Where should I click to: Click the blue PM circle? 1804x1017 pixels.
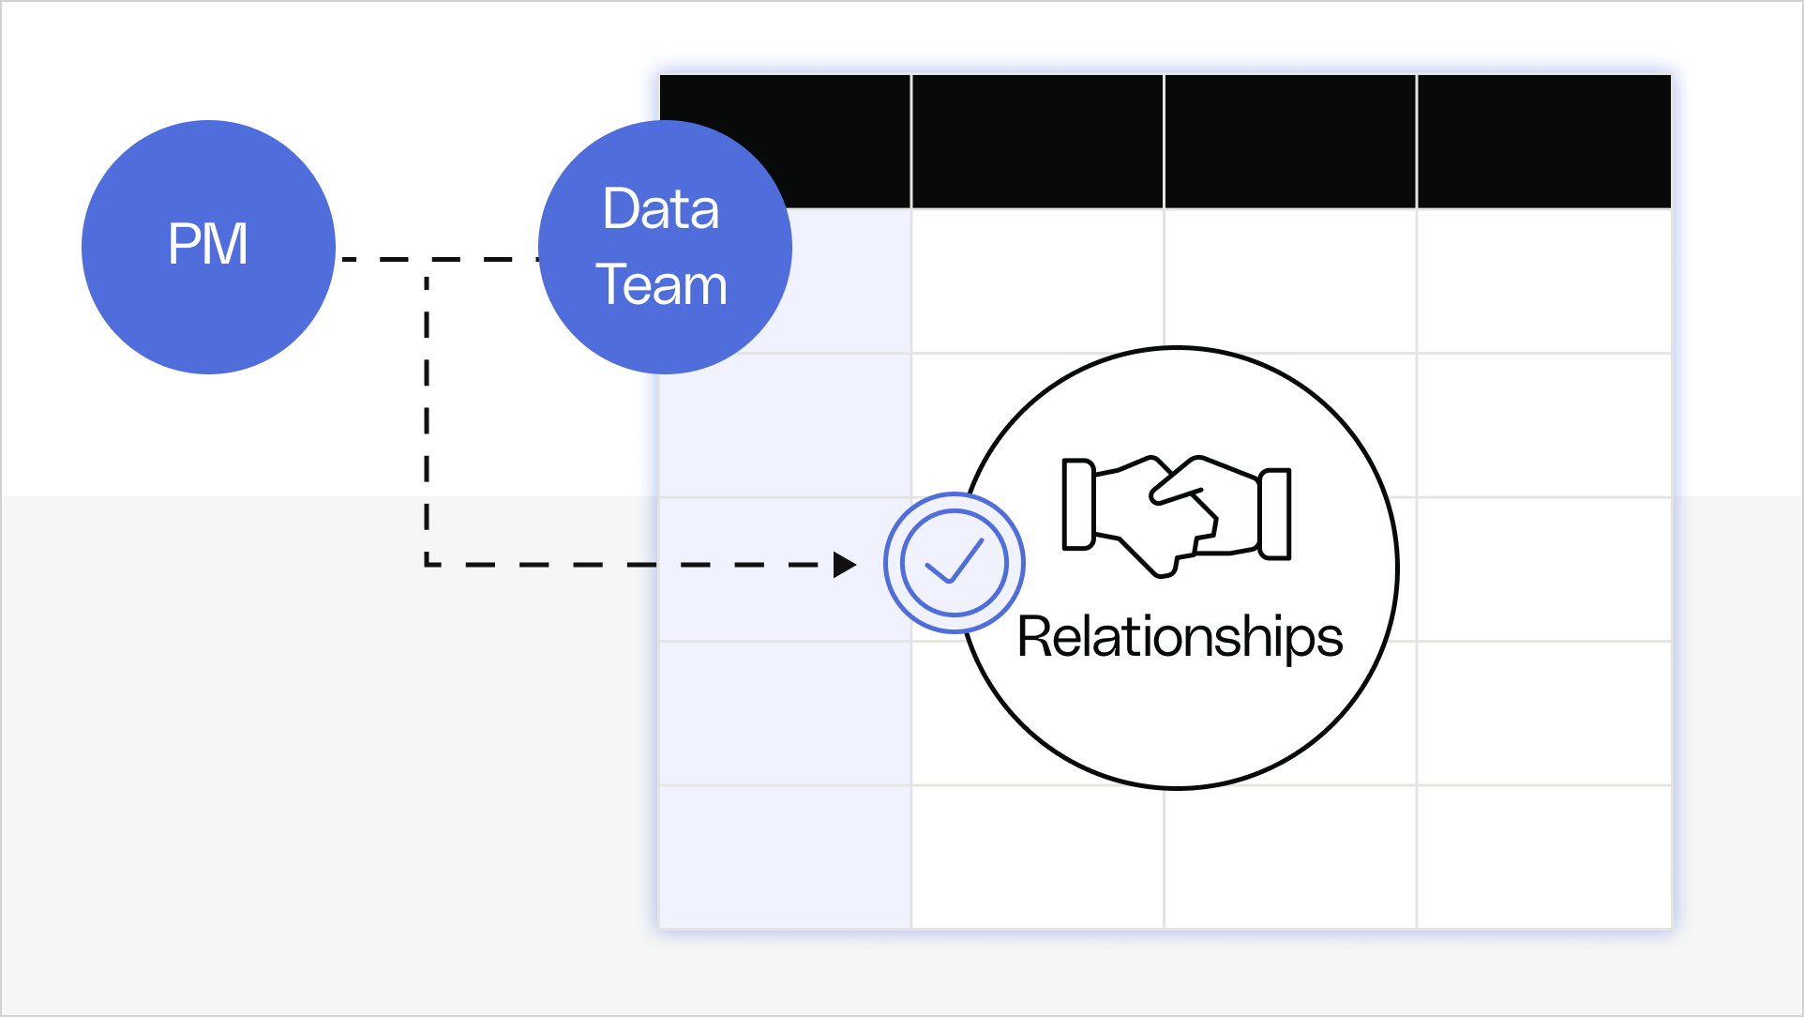pos(208,247)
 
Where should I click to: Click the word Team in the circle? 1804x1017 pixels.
pos(661,285)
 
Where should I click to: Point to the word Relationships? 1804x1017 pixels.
pos(1180,638)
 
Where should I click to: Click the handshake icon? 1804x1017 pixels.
pos(1176,514)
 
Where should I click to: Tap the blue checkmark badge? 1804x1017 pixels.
pos(954,563)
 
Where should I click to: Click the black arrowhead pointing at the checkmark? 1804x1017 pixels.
pos(844,565)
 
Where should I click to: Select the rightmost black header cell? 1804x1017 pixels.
pos(1543,141)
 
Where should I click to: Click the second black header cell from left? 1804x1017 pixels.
pos(1037,141)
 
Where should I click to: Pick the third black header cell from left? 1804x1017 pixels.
pos(1290,141)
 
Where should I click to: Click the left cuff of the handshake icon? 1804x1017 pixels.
pos(1078,505)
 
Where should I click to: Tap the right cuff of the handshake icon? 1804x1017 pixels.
pos(1275,514)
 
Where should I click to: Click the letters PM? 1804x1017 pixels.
pos(208,244)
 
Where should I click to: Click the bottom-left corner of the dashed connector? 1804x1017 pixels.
pos(428,565)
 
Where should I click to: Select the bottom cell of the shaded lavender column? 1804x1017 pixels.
pos(786,856)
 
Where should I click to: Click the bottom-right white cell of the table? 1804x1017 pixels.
pos(1543,856)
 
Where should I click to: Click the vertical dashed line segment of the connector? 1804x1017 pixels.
pos(428,413)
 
